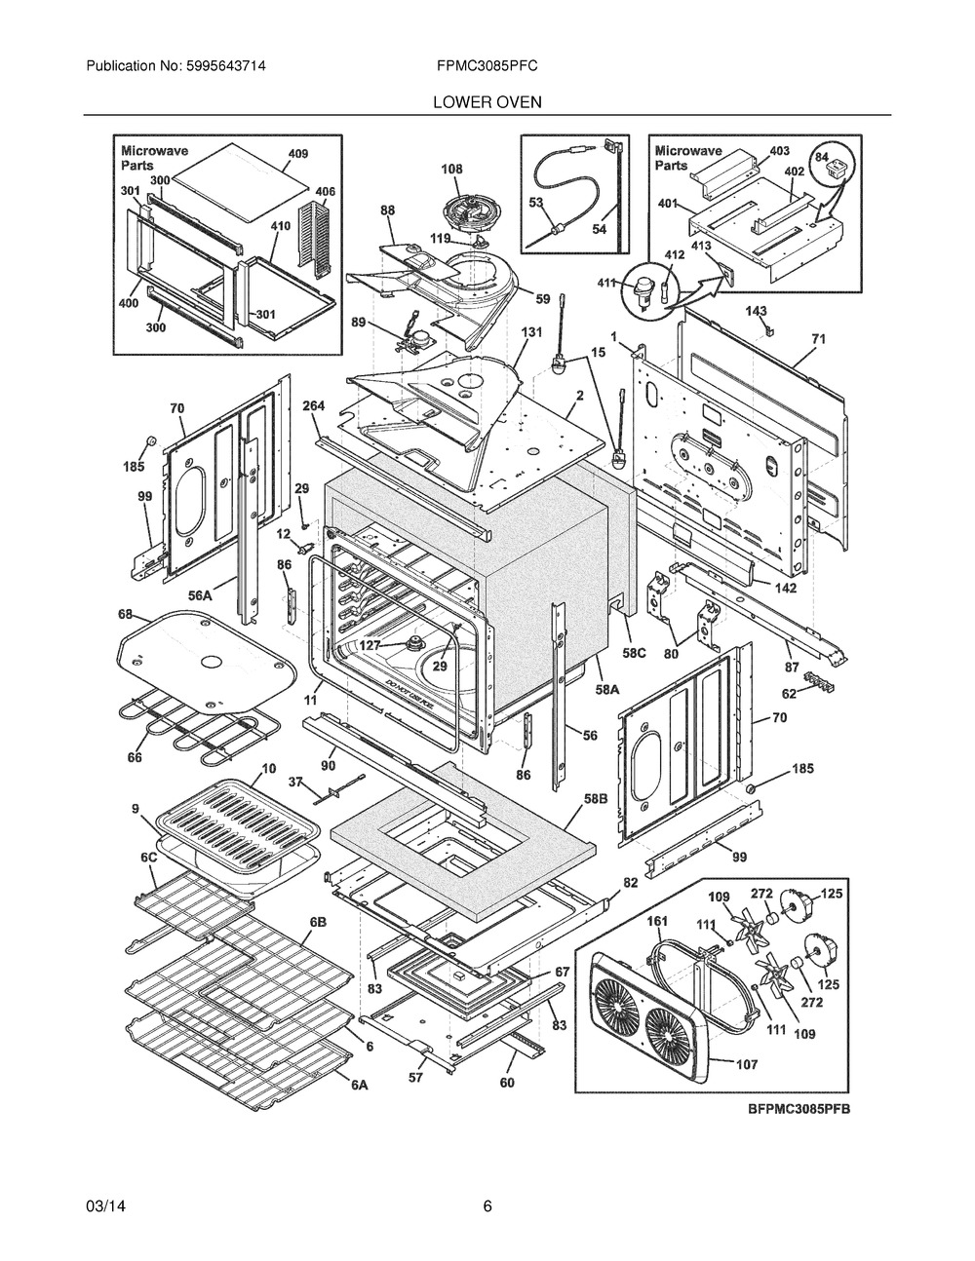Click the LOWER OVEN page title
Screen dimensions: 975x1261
[x=487, y=102]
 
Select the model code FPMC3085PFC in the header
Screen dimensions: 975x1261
[x=487, y=66]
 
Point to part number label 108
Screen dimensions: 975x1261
[x=451, y=169]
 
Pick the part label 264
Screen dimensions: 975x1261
[x=313, y=405]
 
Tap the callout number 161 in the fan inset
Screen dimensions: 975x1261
[x=657, y=921]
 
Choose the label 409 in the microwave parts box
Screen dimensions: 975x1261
[x=298, y=154]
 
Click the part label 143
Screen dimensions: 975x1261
[x=756, y=312]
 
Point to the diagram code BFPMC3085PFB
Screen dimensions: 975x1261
[x=799, y=1109]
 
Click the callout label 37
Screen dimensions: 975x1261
[x=296, y=783]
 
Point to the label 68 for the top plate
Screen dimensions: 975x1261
[x=126, y=614]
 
